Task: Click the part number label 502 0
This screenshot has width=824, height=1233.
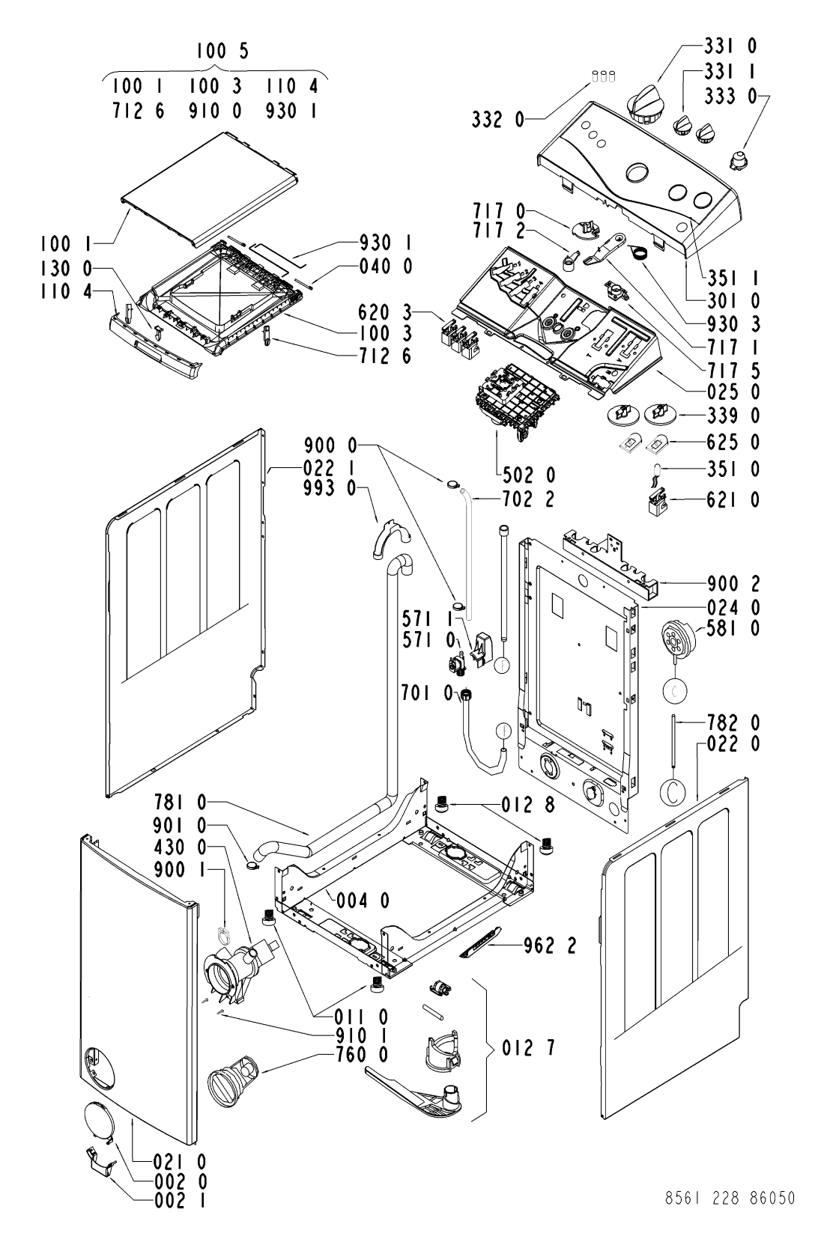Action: point(529,475)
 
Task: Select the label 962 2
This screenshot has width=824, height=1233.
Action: point(549,946)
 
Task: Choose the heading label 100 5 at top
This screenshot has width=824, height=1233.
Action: point(222,51)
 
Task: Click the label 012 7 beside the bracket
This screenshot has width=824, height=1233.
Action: point(528,1049)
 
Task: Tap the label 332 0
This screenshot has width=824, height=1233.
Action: point(498,120)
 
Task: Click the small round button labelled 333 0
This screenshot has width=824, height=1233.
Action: point(738,159)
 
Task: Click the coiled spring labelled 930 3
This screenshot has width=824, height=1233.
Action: point(638,252)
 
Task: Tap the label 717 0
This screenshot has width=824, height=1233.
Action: point(499,211)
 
